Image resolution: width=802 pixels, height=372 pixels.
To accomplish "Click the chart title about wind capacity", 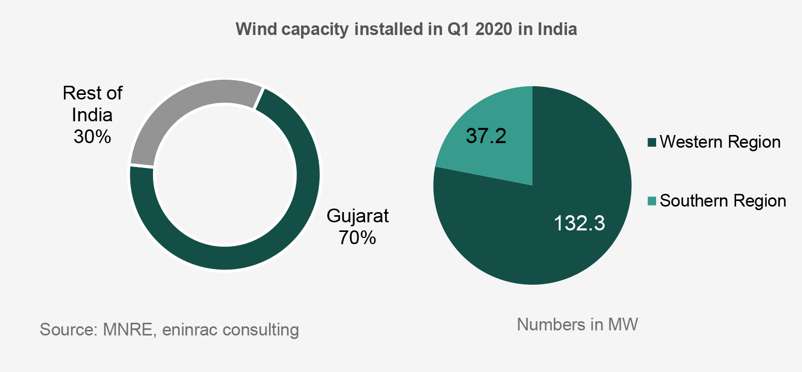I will pos(406,29).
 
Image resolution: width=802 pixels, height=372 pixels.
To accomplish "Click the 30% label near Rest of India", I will pos(92,137).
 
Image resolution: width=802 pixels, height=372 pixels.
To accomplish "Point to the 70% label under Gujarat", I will pos(357,238).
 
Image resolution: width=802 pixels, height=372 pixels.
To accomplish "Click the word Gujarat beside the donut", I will pos(358,216).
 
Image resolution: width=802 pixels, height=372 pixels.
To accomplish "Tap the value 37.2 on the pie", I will pos(486,136).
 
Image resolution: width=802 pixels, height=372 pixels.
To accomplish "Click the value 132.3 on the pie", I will pos(579,223).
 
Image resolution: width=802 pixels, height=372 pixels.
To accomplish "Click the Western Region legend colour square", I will pos(652,142).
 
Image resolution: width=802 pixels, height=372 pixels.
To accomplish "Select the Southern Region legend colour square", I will pos(652,201).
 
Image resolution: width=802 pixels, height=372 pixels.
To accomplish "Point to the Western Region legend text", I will pos(720,142).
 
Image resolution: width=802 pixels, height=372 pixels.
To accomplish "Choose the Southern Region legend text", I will pos(723,201).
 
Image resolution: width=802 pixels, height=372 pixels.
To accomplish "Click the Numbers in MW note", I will pos(577,324).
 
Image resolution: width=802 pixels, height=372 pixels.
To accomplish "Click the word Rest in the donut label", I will pos(80,93).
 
